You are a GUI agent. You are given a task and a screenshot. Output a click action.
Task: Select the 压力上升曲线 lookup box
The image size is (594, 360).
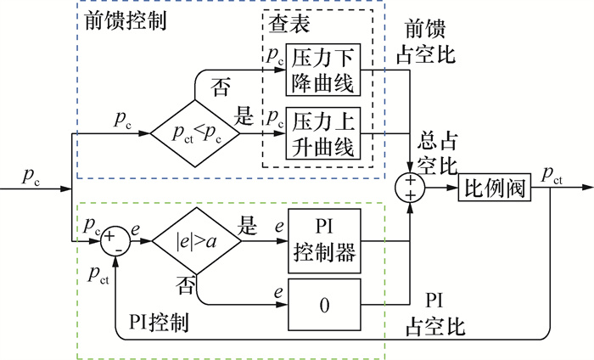[326, 132]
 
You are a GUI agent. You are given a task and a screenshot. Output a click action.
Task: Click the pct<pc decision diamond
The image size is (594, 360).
[195, 132]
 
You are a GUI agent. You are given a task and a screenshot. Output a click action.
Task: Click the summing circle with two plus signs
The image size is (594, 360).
[410, 188]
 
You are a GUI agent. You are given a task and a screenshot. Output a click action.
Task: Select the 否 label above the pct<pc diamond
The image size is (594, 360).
[219, 87]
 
